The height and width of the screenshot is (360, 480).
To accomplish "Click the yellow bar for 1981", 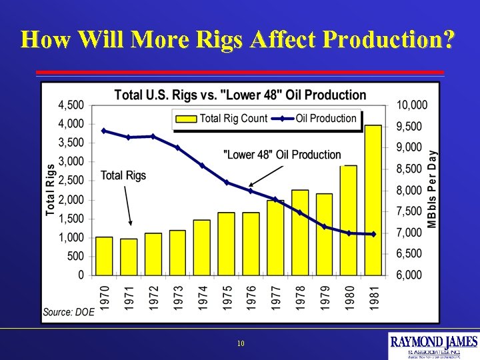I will point(373,200).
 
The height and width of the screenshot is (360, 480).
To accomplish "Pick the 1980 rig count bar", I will point(349,220).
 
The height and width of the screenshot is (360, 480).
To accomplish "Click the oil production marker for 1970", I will point(103,131).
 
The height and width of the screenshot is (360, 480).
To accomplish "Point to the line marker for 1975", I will point(226,183).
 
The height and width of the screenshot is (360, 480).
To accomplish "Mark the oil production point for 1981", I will point(373,234).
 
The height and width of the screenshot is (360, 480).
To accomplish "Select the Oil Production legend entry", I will point(317,119).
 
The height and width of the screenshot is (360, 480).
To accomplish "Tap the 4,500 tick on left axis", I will point(71,105).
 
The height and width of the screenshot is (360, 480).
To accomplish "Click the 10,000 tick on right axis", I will point(412,105).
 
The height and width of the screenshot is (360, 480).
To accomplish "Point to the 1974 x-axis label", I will point(202,297).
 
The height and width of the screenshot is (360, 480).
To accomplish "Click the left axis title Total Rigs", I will point(51,190).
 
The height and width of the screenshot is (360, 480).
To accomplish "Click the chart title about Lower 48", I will point(240,95).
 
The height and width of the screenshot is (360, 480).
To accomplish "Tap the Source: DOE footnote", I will point(69,311).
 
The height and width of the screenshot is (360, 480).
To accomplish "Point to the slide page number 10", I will point(240,344).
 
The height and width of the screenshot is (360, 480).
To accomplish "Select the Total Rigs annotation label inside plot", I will point(123,175).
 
